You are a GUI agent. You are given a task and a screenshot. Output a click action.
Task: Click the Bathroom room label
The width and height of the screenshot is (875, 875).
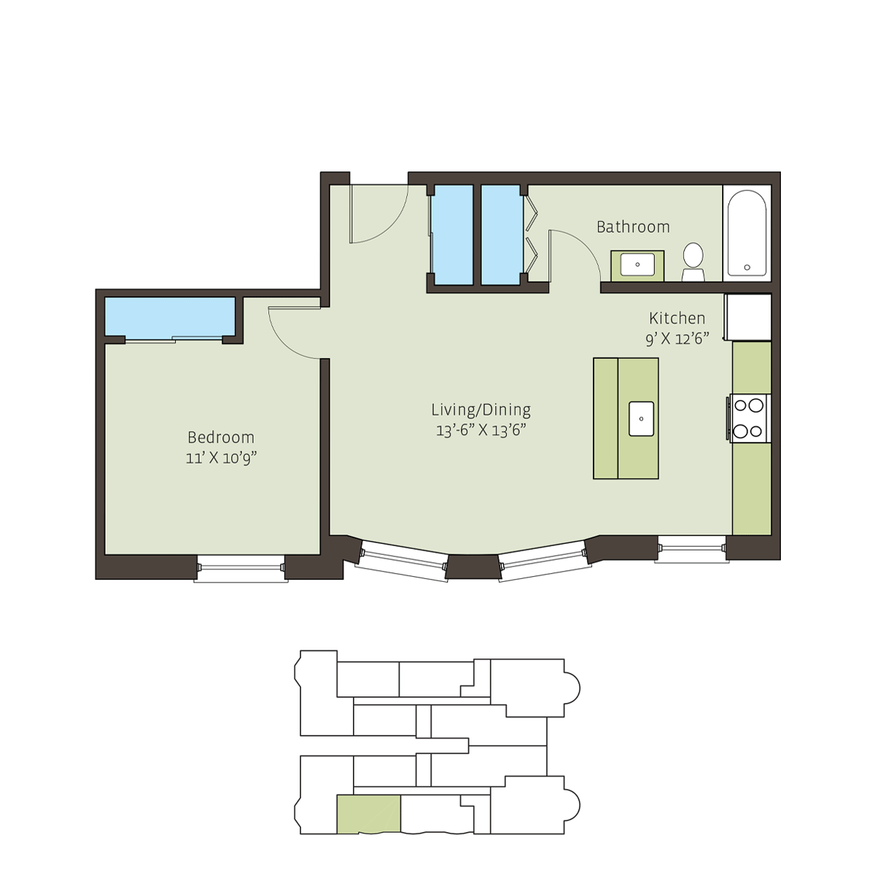633,227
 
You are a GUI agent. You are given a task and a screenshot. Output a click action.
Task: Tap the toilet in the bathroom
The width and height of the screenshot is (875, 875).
693,262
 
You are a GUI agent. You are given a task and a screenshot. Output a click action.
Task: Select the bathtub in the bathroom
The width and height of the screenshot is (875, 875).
747,233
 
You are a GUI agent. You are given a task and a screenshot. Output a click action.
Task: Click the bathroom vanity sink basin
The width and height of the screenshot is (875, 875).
637,264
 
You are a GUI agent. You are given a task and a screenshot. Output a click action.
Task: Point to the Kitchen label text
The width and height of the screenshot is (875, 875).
677,319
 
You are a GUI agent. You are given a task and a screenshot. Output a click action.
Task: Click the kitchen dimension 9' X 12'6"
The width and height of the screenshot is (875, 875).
677,339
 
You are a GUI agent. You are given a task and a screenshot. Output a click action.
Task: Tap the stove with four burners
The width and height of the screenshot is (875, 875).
747,419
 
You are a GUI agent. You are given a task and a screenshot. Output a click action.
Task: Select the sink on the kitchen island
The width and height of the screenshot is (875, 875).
641,419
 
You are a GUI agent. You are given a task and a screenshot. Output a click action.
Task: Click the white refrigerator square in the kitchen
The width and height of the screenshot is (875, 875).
748,317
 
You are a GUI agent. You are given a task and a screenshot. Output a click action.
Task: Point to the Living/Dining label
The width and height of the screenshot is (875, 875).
481,410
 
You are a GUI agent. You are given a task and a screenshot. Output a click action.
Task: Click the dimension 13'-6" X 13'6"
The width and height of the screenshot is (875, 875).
481,430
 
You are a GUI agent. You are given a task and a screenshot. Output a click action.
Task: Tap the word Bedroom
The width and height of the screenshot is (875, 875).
221,437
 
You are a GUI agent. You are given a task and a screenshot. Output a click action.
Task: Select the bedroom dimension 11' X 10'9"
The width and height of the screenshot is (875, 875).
221,458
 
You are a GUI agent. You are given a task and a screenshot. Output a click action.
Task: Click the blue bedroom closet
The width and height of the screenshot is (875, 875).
170,316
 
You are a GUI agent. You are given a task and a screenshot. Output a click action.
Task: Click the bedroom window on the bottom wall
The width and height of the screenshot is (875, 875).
241,569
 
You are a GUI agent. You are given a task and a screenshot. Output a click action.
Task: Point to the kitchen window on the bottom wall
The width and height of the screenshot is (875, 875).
691,549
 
